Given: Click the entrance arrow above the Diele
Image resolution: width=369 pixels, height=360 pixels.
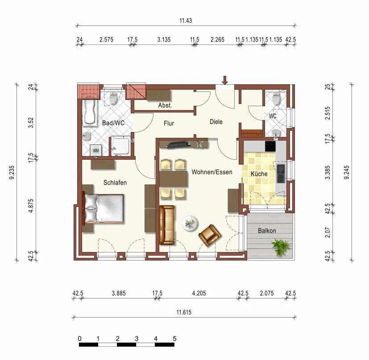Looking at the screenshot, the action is [225, 80].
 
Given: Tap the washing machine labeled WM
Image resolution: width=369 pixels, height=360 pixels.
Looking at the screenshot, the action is [96, 150].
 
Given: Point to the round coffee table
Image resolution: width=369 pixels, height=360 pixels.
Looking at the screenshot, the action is [190, 223].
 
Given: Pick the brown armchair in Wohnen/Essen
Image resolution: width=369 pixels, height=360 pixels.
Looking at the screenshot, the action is [210, 235].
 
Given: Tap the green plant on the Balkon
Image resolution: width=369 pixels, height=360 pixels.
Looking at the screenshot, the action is [280, 247].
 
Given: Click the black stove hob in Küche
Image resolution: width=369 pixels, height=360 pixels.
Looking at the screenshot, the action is [270, 146].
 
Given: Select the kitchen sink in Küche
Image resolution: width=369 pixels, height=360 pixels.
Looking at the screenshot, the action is [281, 174].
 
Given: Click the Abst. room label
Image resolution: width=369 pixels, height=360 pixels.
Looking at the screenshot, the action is [165, 105].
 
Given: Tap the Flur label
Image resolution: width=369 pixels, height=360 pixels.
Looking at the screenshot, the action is [169, 123].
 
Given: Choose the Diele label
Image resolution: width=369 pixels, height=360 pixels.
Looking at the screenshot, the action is [216, 122].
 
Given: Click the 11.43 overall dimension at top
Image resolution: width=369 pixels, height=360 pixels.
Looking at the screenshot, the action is [186, 21].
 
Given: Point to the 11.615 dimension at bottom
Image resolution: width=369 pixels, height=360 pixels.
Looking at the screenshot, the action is [184, 312].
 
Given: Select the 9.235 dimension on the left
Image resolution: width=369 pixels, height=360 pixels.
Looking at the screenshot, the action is [12, 172].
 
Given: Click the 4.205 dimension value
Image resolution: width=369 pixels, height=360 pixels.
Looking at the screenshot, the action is [199, 293].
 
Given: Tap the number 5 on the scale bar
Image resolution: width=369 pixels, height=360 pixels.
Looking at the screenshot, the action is [174, 339].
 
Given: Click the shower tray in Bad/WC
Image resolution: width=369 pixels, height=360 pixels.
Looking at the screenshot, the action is [120, 145].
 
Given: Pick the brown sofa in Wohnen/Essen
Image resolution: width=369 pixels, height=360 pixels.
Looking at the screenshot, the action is [167, 225].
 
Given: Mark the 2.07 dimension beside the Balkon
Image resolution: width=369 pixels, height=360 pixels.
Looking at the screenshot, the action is [328, 232].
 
